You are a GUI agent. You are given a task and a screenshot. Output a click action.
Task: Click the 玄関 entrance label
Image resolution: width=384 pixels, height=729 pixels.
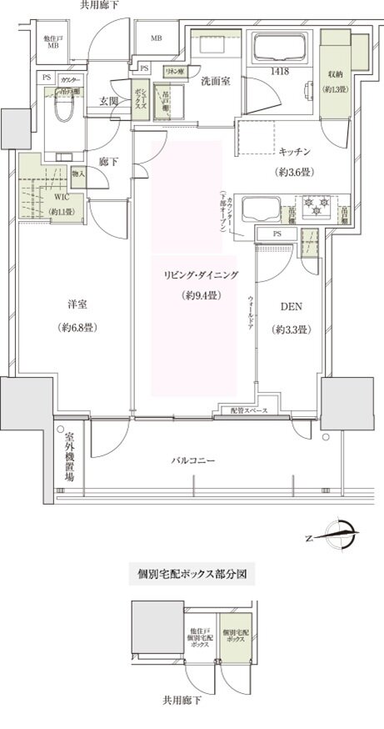click(108, 101)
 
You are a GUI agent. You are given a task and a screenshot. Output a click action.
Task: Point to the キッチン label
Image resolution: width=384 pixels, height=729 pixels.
click(295, 152)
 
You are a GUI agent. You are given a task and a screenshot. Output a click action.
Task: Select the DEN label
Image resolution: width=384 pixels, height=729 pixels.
click(291, 307)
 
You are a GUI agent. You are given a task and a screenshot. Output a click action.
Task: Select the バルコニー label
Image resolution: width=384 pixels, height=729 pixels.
click(196, 460)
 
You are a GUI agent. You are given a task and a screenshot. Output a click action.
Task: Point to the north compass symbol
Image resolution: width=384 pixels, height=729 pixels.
click(342, 530)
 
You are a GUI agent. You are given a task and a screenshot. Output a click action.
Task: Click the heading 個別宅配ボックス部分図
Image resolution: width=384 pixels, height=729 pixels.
click(191, 574)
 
